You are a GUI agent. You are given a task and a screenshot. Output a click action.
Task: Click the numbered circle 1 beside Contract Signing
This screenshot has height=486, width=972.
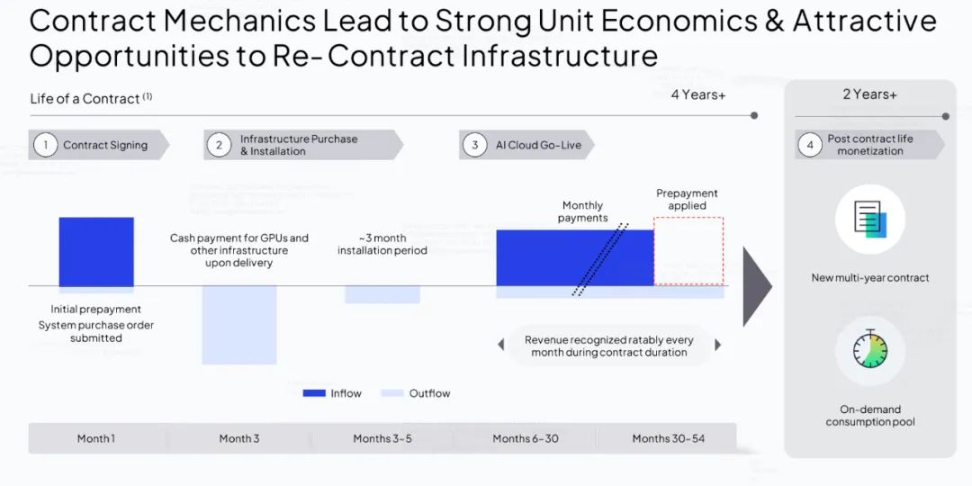click(45, 145)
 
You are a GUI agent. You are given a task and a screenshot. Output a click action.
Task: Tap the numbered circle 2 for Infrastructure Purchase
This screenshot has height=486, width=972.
click(219, 145)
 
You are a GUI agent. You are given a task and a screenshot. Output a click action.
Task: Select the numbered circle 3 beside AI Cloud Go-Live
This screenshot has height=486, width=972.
click(475, 145)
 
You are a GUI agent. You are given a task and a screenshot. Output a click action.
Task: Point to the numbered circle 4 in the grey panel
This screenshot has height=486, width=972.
click(810, 145)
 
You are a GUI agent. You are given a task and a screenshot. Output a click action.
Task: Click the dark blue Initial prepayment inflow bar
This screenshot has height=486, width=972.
click(96, 252)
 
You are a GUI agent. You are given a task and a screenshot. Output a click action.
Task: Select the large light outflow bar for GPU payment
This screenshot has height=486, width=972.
click(239, 325)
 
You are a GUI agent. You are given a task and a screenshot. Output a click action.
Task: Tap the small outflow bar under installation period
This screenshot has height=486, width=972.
click(382, 294)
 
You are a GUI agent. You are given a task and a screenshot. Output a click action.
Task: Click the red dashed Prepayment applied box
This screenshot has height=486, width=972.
click(688, 251)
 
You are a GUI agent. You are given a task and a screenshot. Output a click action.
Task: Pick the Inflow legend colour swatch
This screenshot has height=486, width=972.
click(314, 393)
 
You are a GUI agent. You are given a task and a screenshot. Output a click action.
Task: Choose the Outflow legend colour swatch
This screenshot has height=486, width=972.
click(392, 393)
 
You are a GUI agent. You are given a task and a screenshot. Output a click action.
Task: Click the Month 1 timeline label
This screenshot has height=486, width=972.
click(96, 439)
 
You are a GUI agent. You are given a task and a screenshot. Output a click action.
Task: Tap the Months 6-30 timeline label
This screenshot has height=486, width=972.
click(526, 439)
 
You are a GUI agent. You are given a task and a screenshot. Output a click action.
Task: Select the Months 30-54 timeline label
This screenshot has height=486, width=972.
click(668, 439)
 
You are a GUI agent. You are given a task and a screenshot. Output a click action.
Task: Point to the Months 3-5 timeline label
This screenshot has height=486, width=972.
click(382, 439)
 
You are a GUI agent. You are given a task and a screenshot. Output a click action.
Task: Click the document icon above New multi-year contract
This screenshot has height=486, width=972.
click(870, 219)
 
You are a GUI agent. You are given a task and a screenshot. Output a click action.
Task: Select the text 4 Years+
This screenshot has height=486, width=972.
click(698, 94)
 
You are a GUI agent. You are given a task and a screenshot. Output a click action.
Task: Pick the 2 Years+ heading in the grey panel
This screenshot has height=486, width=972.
click(869, 94)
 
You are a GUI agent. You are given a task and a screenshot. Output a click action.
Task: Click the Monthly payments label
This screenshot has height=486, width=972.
click(582, 211)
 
